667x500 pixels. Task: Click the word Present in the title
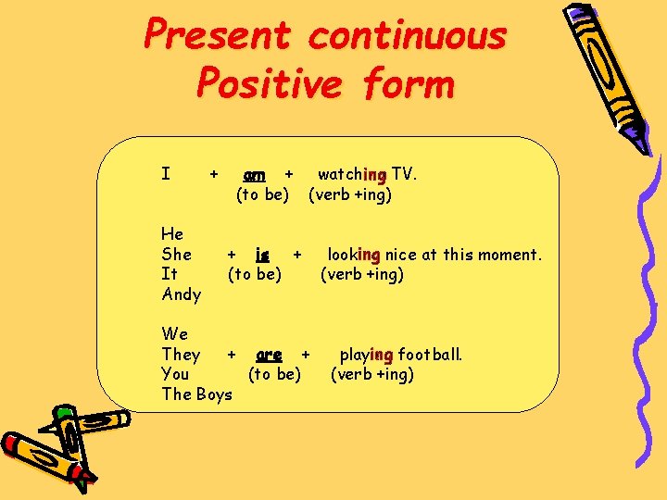click(217, 37)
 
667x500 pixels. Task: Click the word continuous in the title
click(407, 37)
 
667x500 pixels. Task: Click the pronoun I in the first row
click(165, 174)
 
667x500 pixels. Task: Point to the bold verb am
click(254, 174)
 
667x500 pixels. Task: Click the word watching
click(352, 174)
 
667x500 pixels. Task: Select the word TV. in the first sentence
click(404, 174)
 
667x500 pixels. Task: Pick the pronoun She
click(176, 254)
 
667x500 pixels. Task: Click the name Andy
click(181, 294)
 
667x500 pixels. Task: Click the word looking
click(354, 254)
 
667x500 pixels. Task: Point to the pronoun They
click(181, 355)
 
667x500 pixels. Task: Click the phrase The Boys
click(196, 394)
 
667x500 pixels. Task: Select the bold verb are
click(269, 355)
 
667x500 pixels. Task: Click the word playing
click(367, 355)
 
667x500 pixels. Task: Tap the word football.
click(430, 355)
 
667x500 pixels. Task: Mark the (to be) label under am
click(263, 194)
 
